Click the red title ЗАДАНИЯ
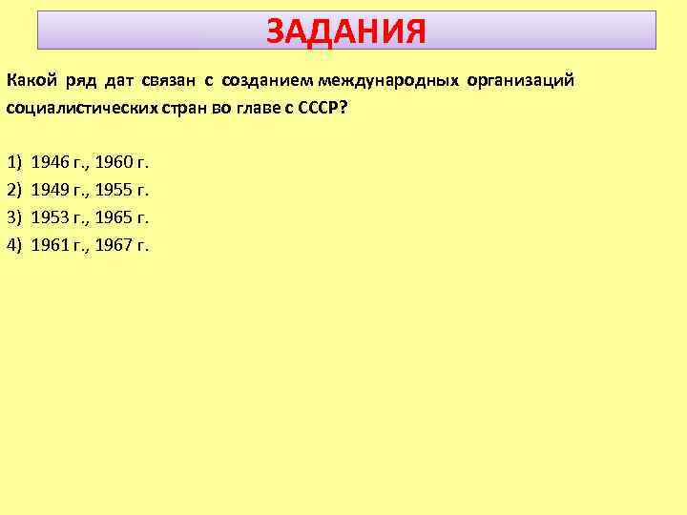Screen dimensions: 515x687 point(345,31)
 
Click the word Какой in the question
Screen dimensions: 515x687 point(29,79)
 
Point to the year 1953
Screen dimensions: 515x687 point(50,216)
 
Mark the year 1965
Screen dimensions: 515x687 point(114,216)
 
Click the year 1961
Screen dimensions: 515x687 point(50,245)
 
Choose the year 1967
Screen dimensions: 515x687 point(114,245)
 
